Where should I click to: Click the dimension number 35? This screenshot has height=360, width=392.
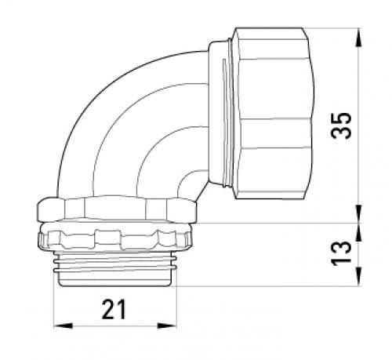341,125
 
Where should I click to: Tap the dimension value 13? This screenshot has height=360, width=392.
341,253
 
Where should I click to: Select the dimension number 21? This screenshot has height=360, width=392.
114,309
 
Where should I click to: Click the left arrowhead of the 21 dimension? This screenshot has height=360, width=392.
63,325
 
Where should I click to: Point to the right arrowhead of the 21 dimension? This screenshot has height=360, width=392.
167,325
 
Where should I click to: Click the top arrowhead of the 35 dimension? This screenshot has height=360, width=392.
359,38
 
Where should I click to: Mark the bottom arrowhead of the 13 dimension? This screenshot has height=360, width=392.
359,277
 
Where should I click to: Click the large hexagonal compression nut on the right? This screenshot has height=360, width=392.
273,113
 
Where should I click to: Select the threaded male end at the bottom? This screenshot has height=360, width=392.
115,269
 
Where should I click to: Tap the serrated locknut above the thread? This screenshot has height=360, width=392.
115,237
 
